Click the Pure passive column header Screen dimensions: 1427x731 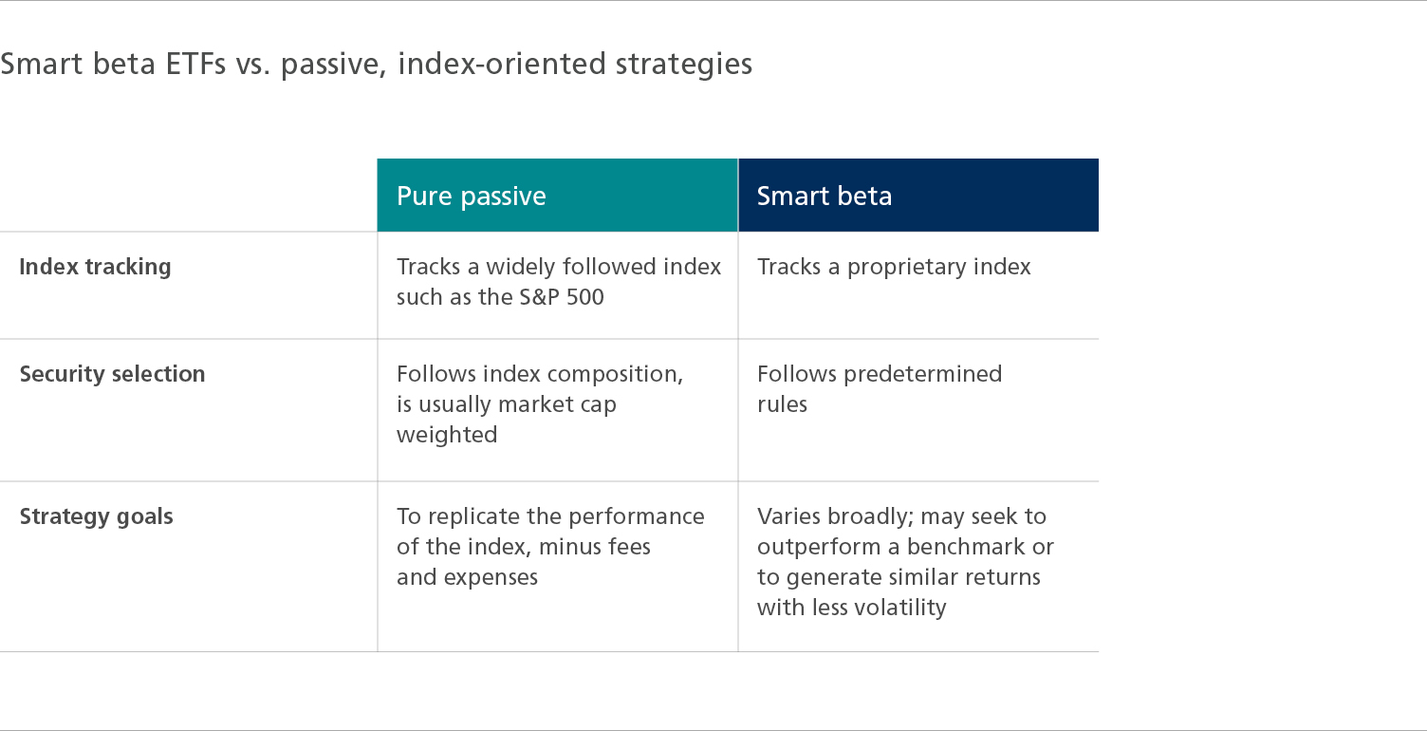[472, 197]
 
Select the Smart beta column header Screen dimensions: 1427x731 [825, 196]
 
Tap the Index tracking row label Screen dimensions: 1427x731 [96, 267]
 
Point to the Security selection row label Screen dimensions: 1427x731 [113, 373]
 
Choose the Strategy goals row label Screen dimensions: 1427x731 [96, 516]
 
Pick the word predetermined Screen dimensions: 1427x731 [922, 374]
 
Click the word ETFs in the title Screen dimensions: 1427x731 [195, 64]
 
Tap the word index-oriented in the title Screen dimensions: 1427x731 [501, 64]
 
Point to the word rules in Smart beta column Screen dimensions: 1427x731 [783, 404]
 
